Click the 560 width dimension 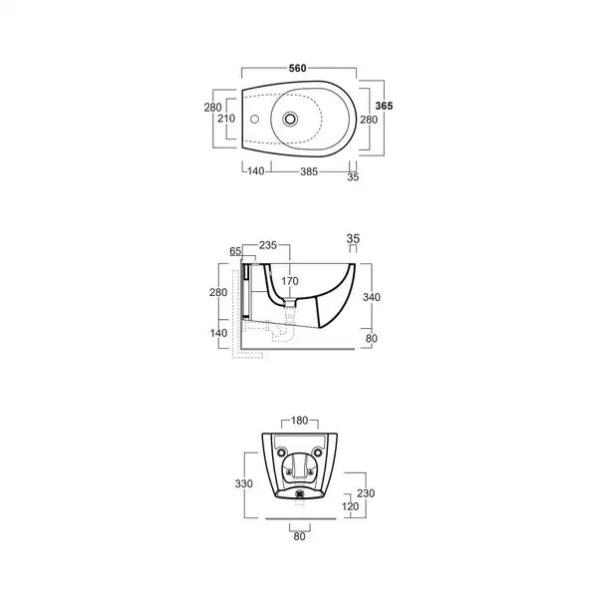pyautogui.click(x=297, y=68)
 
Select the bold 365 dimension pyautogui.click(x=384, y=106)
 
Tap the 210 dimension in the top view pyautogui.click(x=226, y=119)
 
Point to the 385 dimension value pyautogui.click(x=309, y=171)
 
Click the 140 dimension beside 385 pyautogui.click(x=255, y=171)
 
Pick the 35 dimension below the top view pyautogui.click(x=353, y=177)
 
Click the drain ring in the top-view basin pyautogui.click(x=290, y=119)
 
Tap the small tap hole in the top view pyautogui.click(x=254, y=120)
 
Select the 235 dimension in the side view pyautogui.click(x=268, y=245)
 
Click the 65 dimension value pyautogui.click(x=235, y=251)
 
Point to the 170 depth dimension pyautogui.click(x=290, y=281)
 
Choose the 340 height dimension pyautogui.click(x=371, y=297)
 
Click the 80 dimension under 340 pyautogui.click(x=372, y=338)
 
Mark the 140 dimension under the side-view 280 pyautogui.click(x=218, y=333)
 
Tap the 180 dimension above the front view pyautogui.click(x=299, y=421)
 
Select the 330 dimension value pyautogui.click(x=244, y=484)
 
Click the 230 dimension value pyautogui.click(x=366, y=493)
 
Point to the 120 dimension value pyautogui.click(x=350, y=506)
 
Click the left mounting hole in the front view pyautogui.click(x=281, y=452)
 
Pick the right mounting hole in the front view pyautogui.click(x=318, y=452)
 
